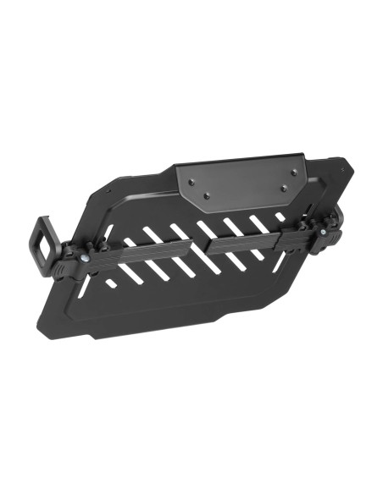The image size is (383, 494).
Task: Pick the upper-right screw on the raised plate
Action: (293, 173)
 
